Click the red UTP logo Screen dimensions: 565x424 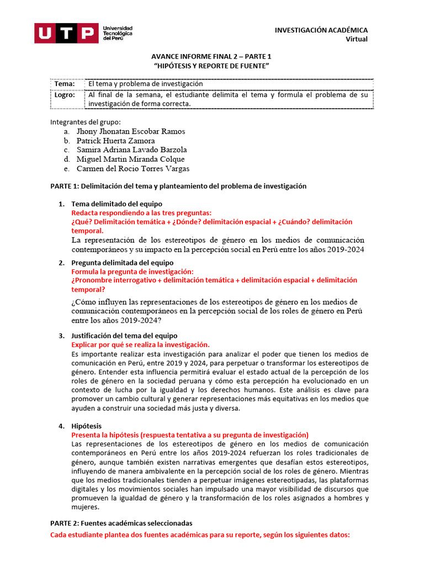tap(66, 33)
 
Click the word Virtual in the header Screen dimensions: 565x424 tap(356, 39)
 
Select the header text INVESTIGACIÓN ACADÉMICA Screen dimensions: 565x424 tap(321, 30)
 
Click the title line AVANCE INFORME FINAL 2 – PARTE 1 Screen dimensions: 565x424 tap(211, 56)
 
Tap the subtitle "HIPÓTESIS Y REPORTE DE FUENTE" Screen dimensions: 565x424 tap(211, 66)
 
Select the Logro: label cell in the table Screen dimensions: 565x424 tap(65, 95)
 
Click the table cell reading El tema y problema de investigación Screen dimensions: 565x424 tap(146, 84)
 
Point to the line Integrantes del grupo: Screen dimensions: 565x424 tap(85, 122)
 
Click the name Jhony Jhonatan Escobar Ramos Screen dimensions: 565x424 tap(131, 131)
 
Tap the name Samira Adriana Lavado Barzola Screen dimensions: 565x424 tap(131, 150)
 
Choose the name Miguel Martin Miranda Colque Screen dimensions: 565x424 tap(130, 159)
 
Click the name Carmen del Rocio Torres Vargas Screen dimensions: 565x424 tap(132, 169)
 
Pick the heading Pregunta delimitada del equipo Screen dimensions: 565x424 tap(122, 263)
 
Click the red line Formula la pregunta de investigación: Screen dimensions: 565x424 tap(132, 272)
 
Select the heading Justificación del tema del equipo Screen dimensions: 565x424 tap(124, 335)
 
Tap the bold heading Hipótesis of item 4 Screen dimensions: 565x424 tap(86, 427)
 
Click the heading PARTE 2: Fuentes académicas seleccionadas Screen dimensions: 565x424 tap(121, 523)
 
